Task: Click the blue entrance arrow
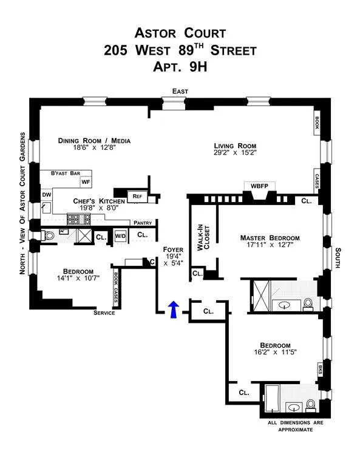tap(174, 309)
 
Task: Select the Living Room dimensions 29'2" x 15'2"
tap(234, 155)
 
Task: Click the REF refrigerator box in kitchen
tap(137, 197)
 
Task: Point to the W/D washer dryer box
tap(120, 236)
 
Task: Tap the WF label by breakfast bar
tap(86, 181)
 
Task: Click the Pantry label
tap(143, 223)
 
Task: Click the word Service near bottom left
tap(104, 313)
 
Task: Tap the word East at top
tap(180, 91)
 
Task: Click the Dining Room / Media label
tap(94, 141)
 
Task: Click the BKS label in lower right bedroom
tap(319, 368)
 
